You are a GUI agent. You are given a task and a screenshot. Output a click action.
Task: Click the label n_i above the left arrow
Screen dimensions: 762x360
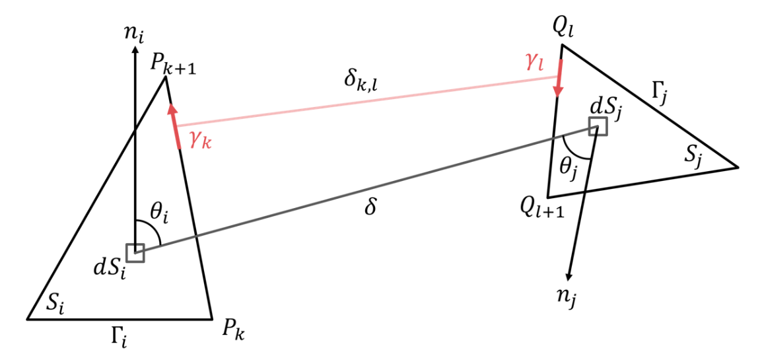click(x=135, y=34)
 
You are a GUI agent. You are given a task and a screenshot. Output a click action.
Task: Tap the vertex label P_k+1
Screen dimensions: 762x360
click(x=174, y=66)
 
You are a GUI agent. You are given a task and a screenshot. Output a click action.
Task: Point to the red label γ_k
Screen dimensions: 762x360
click(x=199, y=140)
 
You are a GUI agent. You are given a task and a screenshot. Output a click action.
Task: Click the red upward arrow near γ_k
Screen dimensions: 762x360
click(x=175, y=126)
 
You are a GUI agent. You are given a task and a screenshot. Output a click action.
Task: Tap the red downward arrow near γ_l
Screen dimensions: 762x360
click(x=559, y=78)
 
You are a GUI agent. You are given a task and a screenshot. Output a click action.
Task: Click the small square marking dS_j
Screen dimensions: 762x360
click(x=598, y=126)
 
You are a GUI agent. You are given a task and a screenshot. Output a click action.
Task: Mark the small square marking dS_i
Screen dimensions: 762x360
click(x=135, y=253)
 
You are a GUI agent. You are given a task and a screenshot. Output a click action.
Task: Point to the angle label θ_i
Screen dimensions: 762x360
click(x=158, y=215)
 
